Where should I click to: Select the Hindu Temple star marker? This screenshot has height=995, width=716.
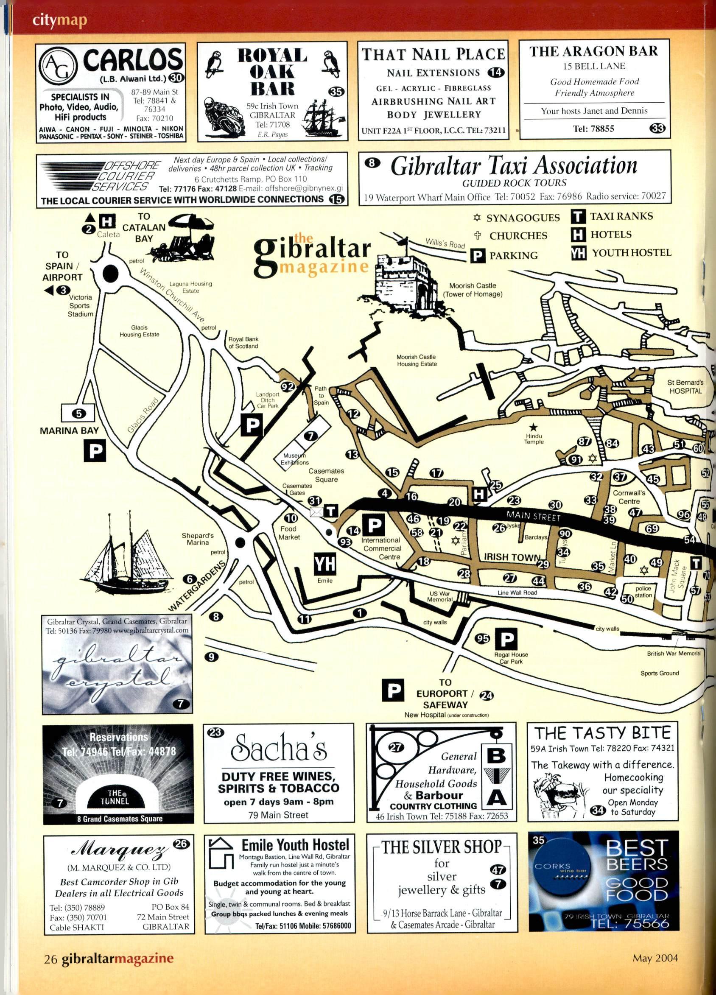click(533, 426)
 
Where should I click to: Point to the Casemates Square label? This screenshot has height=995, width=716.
click(326, 475)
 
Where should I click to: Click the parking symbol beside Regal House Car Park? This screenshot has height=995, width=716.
click(506, 640)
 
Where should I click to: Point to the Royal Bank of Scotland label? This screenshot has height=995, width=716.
click(243, 342)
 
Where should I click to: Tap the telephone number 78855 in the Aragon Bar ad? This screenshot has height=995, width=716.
click(593, 129)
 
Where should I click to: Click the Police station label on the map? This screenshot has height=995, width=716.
click(643, 591)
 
